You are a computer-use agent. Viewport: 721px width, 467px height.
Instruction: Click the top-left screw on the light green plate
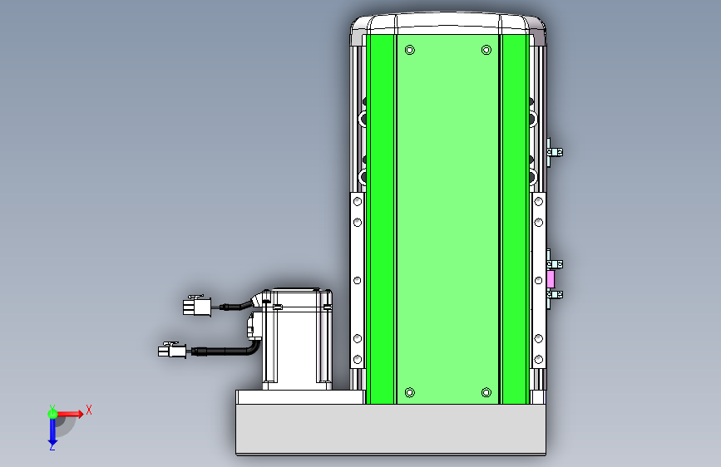point(410,50)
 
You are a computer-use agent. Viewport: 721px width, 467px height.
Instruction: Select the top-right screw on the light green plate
point(486,50)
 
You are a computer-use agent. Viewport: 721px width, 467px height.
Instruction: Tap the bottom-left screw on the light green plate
point(410,392)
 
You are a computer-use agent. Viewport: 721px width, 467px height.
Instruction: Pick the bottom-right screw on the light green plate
point(486,392)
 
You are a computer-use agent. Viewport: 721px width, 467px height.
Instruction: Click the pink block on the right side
point(551,279)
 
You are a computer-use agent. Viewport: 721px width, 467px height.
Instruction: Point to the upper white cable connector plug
point(197,306)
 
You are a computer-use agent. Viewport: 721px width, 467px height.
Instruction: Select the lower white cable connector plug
point(172,351)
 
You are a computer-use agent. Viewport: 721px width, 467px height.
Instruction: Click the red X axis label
point(89,410)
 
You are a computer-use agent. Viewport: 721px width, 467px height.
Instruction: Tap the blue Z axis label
point(52,447)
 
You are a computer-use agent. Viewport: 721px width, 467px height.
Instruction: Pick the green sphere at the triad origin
point(52,414)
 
